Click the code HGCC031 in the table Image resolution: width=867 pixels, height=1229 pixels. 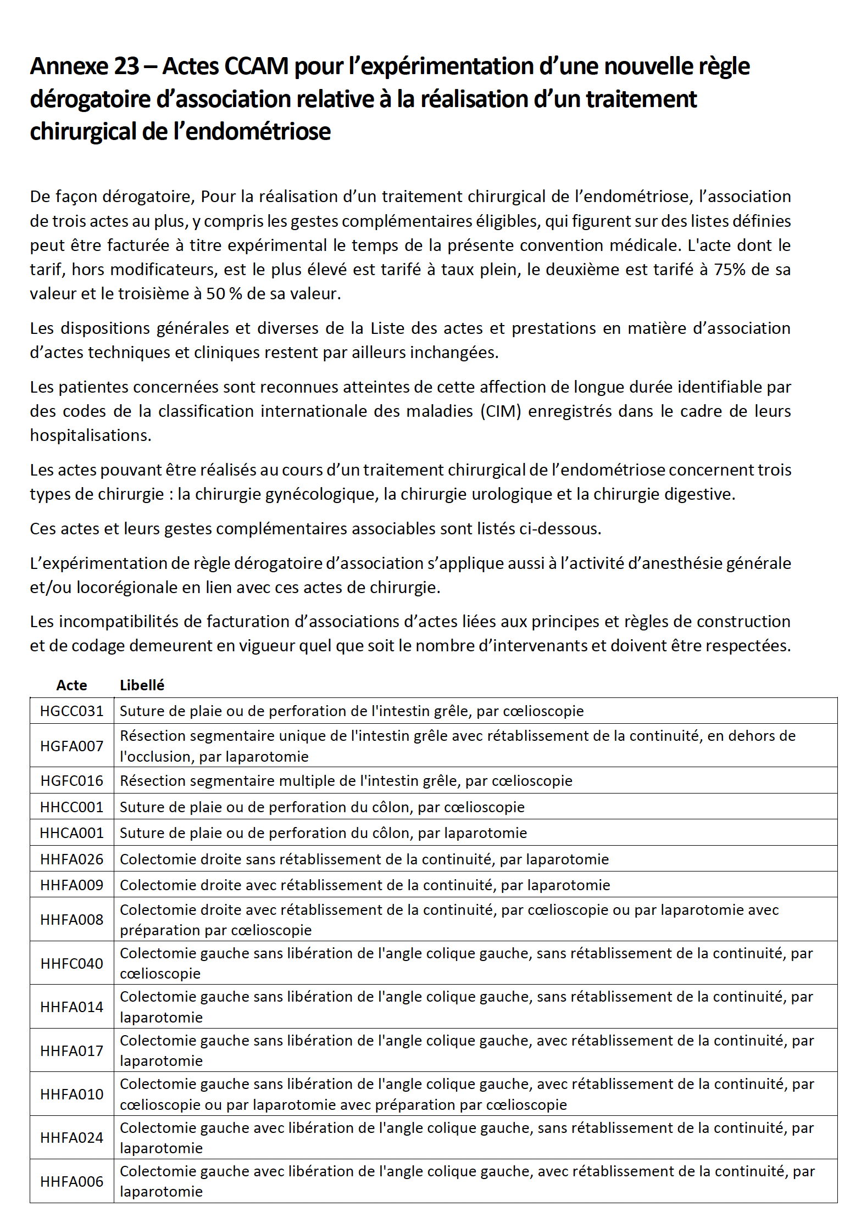tap(71, 711)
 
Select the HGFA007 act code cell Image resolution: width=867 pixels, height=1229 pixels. tap(71, 746)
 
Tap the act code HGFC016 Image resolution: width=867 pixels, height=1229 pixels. tap(71, 781)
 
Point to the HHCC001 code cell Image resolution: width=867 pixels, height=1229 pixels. tap(71, 807)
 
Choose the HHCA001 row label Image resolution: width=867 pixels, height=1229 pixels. tap(71, 833)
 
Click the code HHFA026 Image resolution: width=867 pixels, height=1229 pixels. tap(71, 859)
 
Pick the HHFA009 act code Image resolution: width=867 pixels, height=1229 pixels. tap(71, 885)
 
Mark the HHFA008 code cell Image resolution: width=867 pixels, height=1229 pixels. tap(71, 920)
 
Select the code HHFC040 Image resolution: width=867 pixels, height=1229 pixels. tap(71, 964)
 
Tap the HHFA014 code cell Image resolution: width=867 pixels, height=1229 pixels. tap(71, 1007)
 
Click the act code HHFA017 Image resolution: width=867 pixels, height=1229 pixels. tap(71, 1051)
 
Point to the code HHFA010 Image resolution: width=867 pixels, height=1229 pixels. tap(71, 1094)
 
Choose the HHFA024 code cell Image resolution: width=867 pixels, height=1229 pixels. tap(71, 1138)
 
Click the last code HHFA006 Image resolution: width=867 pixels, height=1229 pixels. tap(71, 1182)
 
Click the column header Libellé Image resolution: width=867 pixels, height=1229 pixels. tap(142, 685)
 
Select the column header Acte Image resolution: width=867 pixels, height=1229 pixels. tap(71, 685)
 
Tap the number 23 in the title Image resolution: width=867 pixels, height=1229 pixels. tap(126, 66)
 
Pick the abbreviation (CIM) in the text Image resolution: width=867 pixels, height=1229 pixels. tap(501, 411)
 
